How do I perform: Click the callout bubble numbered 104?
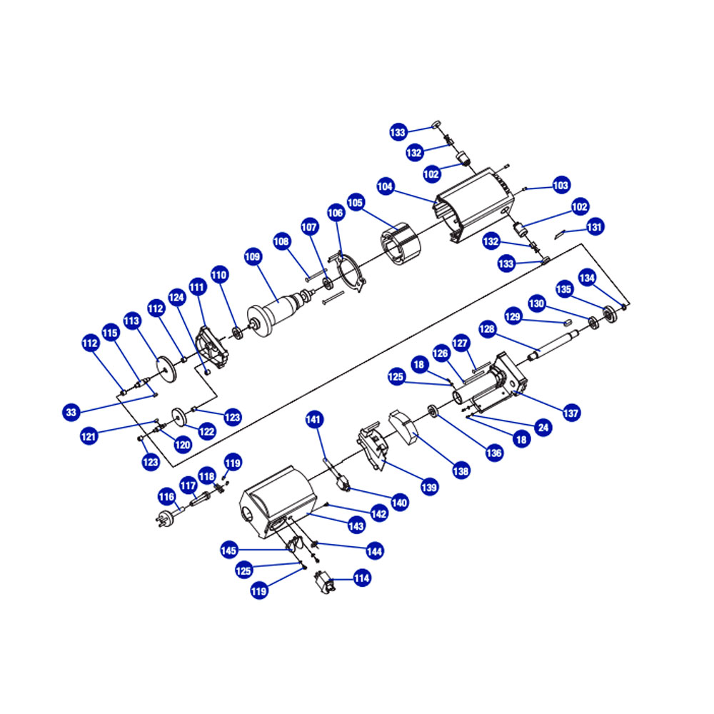[x=386, y=186]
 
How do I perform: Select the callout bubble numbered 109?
[x=253, y=257]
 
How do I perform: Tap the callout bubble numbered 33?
[x=71, y=413]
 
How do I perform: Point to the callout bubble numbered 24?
[x=543, y=427]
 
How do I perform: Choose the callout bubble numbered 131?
[x=595, y=227]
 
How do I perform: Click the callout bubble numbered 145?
[x=228, y=550]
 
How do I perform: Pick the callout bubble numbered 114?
[x=362, y=578]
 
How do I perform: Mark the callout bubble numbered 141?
[x=313, y=419]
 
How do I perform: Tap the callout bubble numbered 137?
[x=571, y=413]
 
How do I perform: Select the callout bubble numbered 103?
[x=561, y=185]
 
